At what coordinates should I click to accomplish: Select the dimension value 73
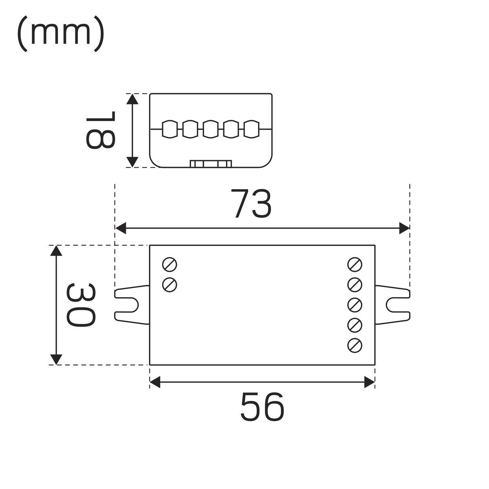click(251, 203)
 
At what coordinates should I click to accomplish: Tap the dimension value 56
click(262, 406)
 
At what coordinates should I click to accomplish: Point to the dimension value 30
click(81, 305)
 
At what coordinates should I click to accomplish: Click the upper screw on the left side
click(170, 264)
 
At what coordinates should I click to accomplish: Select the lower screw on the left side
click(170, 284)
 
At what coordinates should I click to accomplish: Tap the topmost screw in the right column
click(355, 264)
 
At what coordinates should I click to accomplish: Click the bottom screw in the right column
click(355, 346)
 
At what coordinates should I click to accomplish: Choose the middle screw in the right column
click(355, 305)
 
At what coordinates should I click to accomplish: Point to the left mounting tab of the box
click(131, 305)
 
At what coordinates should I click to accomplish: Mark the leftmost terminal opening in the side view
click(170, 129)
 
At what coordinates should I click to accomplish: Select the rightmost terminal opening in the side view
click(251, 129)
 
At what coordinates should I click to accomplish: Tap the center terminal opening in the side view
click(211, 129)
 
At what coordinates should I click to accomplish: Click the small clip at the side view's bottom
click(211, 163)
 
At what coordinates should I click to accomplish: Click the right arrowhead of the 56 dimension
click(369, 382)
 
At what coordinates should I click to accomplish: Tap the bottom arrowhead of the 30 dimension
click(56, 359)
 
